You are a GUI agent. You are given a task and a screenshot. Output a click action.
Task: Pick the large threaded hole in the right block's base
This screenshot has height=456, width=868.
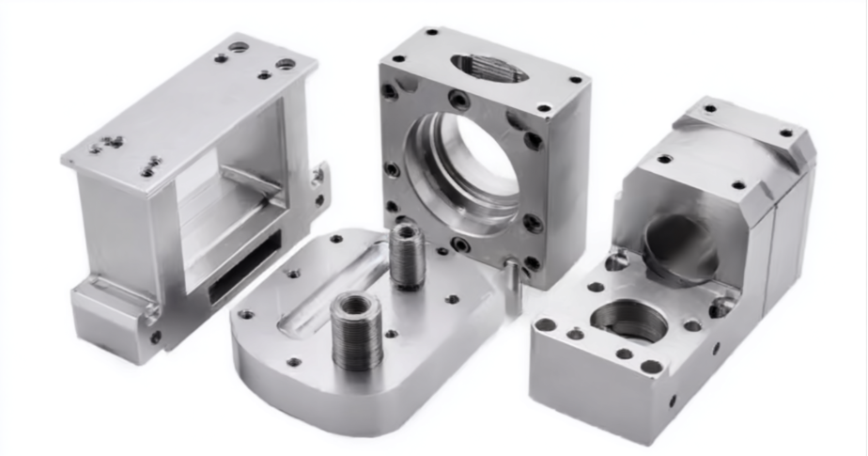(628, 321)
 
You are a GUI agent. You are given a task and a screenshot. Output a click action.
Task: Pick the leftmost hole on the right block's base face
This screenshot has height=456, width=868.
(546, 324)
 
